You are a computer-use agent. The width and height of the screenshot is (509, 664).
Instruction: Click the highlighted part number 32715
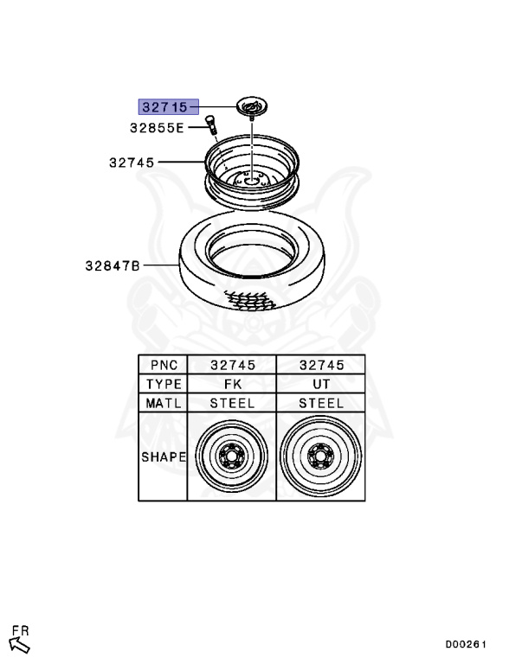[x=165, y=106]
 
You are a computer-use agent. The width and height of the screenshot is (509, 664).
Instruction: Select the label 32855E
[x=157, y=128]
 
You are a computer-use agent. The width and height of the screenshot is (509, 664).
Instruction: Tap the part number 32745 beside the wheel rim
[x=132, y=163]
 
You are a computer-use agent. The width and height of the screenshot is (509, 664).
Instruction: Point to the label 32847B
[x=113, y=265]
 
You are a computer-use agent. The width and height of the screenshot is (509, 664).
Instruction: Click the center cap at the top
[x=253, y=106]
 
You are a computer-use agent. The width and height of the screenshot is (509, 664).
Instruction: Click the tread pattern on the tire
[x=250, y=299]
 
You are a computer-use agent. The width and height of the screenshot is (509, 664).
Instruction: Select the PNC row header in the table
[x=164, y=365]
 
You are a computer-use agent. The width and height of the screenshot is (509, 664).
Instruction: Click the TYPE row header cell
[x=164, y=384]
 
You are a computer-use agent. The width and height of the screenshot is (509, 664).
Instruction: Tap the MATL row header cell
[x=164, y=403]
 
